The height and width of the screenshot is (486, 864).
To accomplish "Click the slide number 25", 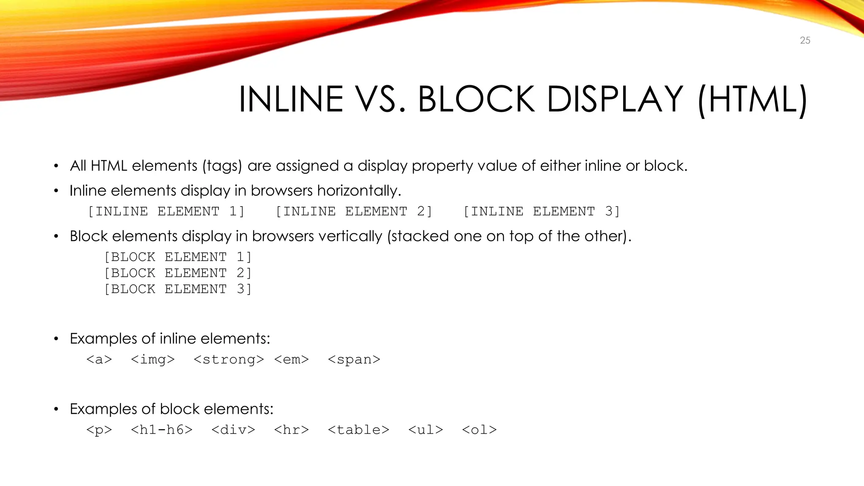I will coord(805,40).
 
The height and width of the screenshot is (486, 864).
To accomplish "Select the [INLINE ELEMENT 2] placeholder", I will coord(354,211).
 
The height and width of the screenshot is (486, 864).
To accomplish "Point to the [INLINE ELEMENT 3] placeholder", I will coord(541,211).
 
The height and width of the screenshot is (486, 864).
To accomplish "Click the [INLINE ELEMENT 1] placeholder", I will coord(166,211).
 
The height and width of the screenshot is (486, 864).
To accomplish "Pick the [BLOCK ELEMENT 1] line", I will coord(178,257).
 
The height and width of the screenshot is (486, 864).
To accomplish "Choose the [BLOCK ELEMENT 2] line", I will coord(178,273).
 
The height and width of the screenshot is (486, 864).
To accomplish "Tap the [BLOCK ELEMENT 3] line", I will coord(178,289).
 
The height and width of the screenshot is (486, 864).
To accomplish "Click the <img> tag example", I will coord(153,359).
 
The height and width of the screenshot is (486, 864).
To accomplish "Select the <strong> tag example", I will coord(229,359).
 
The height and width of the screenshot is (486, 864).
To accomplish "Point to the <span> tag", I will coord(354,359).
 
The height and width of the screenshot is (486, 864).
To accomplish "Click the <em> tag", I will coord(292,359).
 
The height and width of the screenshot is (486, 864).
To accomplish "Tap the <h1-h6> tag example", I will coord(162,430).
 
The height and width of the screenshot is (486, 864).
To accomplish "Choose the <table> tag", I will coord(359,430).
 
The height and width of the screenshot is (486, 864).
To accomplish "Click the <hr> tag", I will coord(292,430).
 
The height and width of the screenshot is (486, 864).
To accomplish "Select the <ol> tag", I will coord(479,430).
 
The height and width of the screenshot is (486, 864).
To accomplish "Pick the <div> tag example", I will coord(233,430).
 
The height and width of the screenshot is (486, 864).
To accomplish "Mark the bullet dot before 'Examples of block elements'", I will coord(56,409).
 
